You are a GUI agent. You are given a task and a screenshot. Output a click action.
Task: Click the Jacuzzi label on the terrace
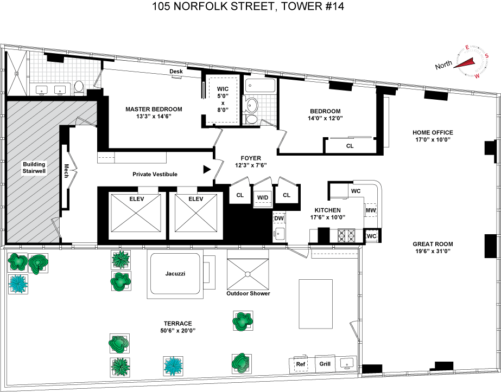pyautogui.click(x=175, y=274)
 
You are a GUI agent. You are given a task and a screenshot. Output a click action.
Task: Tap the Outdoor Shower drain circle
pyautogui.click(x=248, y=274)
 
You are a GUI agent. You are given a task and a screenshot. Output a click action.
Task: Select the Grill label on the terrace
pyautogui.click(x=325, y=364)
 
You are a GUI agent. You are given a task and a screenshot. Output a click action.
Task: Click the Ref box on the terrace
pyautogui.click(x=300, y=364)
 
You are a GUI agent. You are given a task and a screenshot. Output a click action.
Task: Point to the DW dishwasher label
pyautogui.click(x=279, y=219)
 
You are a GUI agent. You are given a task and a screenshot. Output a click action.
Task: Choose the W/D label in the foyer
pyautogui.click(x=263, y=197)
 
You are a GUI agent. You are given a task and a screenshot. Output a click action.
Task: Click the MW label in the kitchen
pyautogui.click(x=371, y=210)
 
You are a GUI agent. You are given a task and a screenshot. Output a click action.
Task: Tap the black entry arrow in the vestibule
pyautogui.click(x=207, y=170)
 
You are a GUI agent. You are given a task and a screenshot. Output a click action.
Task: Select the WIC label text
pyautogui.click(x=223, y=89)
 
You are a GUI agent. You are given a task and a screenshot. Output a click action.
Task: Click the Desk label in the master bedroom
pyautogui.click(x=176, y=71)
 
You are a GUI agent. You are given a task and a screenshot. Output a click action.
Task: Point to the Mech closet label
pyautogui.click(x=66, y=171)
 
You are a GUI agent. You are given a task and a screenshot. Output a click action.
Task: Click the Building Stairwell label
pyautogui.click(x=34, y=168)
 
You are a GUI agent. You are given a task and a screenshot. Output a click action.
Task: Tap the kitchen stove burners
pyautogui.click(x=347, y=236)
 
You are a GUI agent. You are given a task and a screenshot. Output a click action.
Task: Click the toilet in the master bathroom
pyautogui.click(x=79, y=88)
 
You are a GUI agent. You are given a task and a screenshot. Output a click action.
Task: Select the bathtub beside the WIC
pyautogui.click(x=260, y=86)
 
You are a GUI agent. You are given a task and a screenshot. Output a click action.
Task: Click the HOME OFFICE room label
pyautogui.click(x=433, y=132)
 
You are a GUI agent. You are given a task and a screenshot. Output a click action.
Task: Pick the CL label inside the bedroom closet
pyautogui.click(x=350, y=146)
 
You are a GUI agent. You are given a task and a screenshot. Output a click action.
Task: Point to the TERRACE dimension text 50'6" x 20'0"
pyautogui.click(x=177, y=331)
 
